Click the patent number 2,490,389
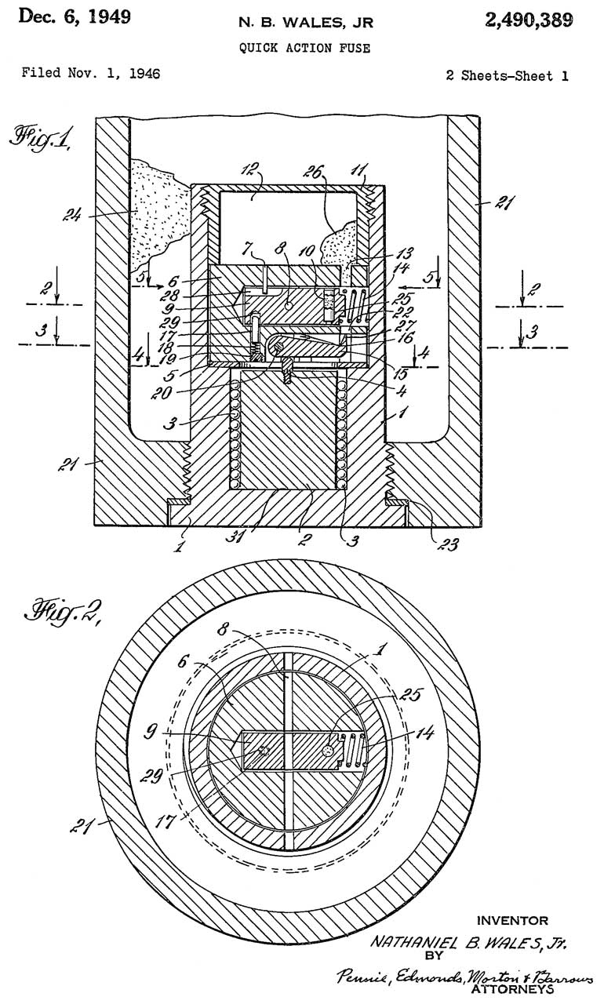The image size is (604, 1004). point(529,21)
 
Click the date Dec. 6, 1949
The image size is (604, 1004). point(75,17)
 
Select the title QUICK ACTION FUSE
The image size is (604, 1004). point(304,48)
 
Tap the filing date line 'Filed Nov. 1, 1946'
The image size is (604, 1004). point(91,73)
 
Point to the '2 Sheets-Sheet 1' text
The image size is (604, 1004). point(507,76)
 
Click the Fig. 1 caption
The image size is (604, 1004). point(40,139)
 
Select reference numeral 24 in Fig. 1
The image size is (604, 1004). point(71,215)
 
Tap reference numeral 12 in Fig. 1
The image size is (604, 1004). point(249,170)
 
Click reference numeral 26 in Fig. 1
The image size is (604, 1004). point(313,171)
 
